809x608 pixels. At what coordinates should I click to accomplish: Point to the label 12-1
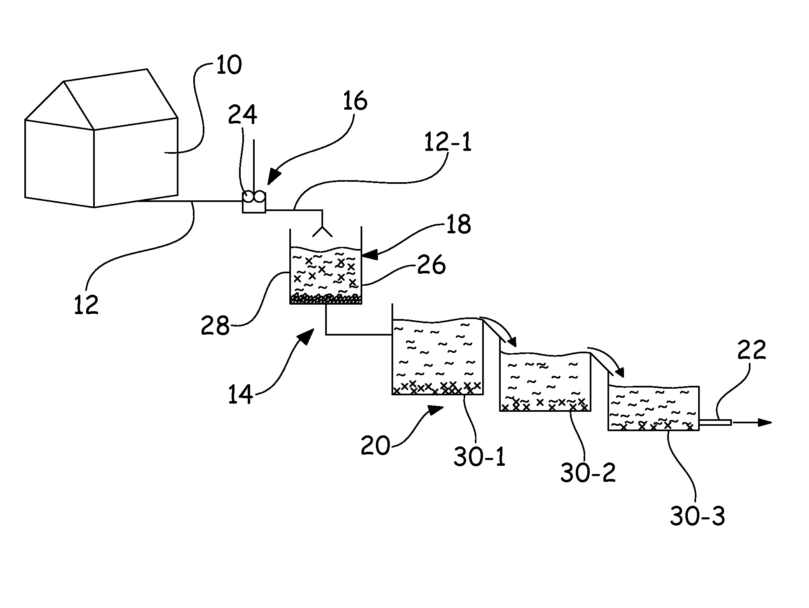[x=447, y=143]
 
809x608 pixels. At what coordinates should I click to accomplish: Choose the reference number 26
[x=431, y=265]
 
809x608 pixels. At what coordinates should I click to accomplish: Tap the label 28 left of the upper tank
[x=215, y=326]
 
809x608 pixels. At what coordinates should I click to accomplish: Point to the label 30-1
[x=479, y=457]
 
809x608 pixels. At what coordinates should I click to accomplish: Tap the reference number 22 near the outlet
[x=751, y=350]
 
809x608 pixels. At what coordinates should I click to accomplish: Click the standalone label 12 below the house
[x=87, y=304]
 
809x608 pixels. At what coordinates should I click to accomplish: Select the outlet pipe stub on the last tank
[x=715, y=423]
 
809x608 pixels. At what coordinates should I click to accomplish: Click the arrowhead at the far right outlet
[x=764, y=423]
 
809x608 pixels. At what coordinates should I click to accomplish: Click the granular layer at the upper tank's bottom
[x=326, y=299]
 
